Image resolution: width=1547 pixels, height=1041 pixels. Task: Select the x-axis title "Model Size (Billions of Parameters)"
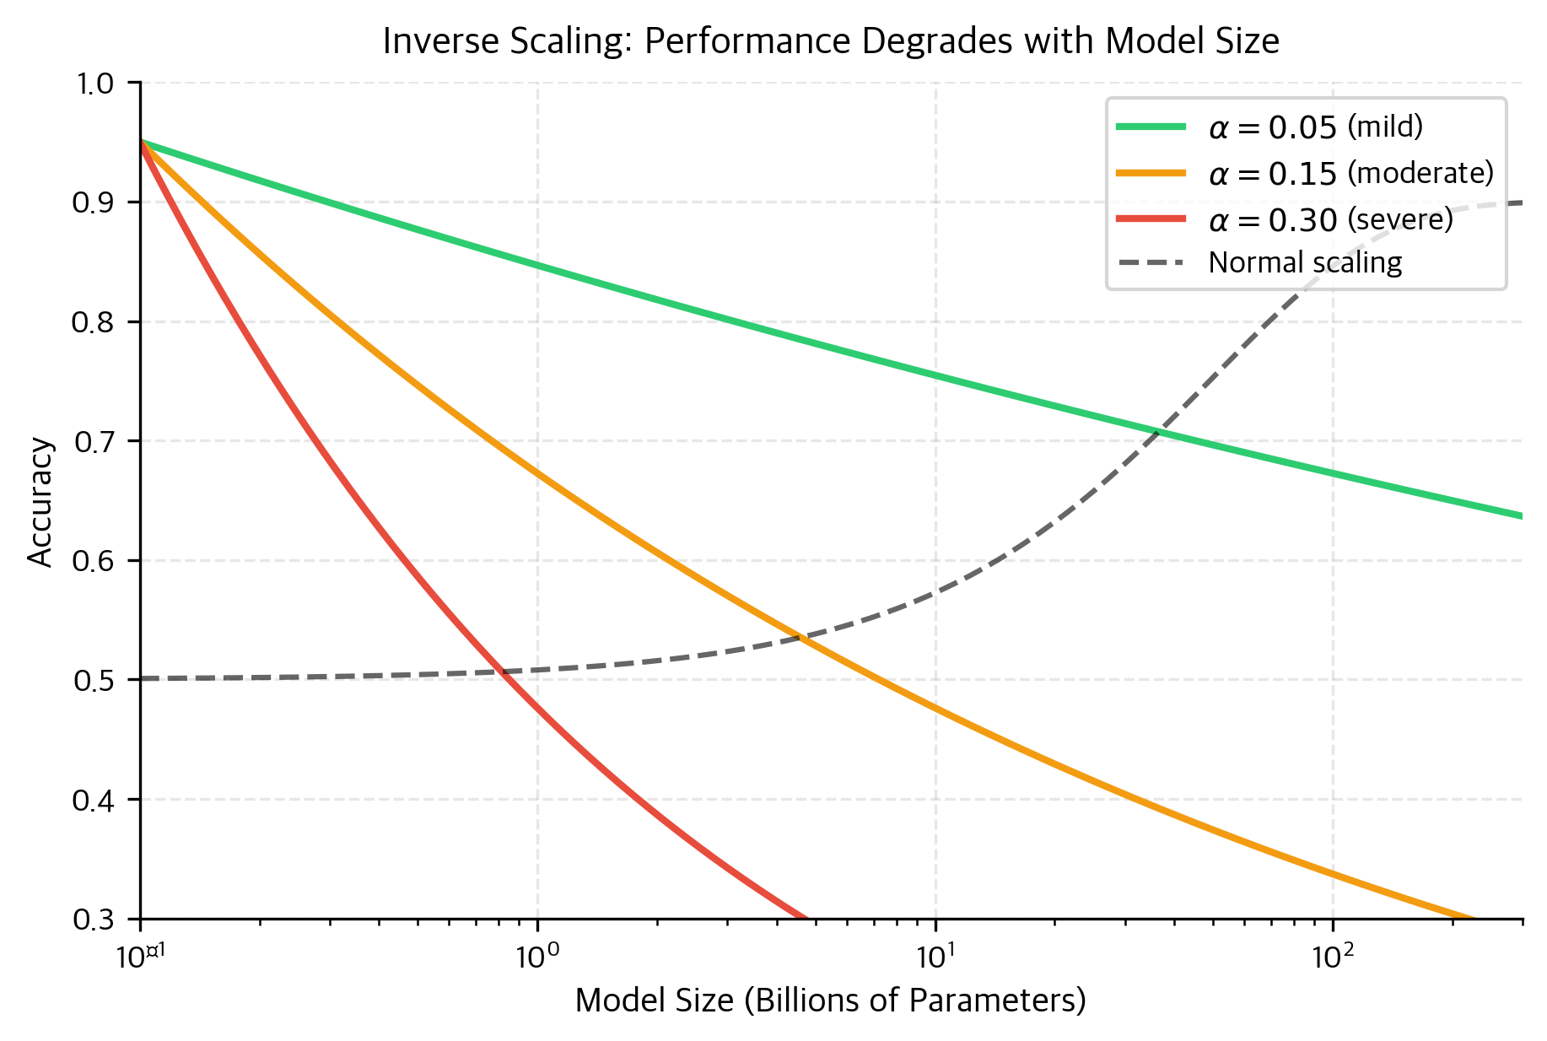pos(830,1001)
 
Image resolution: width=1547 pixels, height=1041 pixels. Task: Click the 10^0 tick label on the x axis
pos(537,956)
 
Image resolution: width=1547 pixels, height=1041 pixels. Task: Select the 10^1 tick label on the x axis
pos(935,956)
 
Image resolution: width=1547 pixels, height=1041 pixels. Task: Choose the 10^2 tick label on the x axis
pos(1332,956)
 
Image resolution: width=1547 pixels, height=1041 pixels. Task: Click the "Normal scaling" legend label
pos(1304,263)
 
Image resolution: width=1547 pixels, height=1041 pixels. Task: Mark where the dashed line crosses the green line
pos(1157,434)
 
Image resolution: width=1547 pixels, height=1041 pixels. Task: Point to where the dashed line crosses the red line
pos(504,672)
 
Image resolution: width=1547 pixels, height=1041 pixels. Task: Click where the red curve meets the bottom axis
pos(806,918)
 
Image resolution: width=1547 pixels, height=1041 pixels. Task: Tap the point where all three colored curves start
pos(141,142)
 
